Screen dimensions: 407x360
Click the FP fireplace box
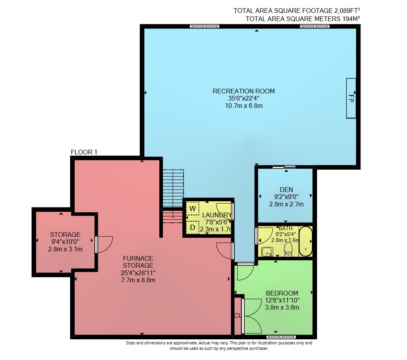pyautogui.click(x=351, y=98)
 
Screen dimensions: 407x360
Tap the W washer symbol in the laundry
pyautogui.click(x=193, y=209)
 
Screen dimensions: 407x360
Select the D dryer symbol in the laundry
pyautogui.click(x=193, y=227)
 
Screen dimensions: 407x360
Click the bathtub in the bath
pyautogui.click(x=306, y=241)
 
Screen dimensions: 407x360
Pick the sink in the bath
pyautogui.click(x=267, y=252)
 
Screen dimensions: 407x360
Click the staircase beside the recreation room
pyautogui.click(x=173, y=196)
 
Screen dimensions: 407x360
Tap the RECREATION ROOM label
pyautogui.click(x=243, y=91)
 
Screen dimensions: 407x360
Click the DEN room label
pyautogui.click(x=286, y=190)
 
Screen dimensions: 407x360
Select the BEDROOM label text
pyautogui.click(x=282, y=293)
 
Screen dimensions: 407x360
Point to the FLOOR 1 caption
pyautogui.click(x=84, y=152)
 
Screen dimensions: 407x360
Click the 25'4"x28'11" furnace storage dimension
pyautogui.click(x=138, y=273)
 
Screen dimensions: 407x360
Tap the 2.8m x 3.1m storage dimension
pyautogui.click(x=65, y=249)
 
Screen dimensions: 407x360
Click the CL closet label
pyautogui.click(x=238, y=316)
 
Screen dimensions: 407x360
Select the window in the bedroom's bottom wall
pyautogui.click(x=281, y=337)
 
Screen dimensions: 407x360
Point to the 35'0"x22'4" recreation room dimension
pyautogui.click(x=243, y=98)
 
